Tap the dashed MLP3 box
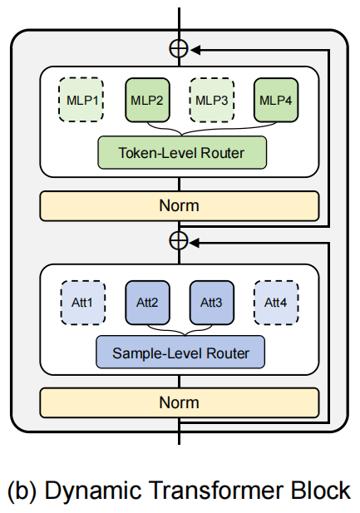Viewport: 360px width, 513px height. [211, 100]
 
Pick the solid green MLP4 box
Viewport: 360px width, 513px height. [276, 100]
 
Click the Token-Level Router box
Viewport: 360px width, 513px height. [182, 153]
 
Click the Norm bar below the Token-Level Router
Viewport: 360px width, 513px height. [180, 205]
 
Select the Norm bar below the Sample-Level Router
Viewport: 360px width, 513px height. [180, 402]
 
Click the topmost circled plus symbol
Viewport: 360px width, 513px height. [179, 49]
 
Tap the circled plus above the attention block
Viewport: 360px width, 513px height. [179, 241]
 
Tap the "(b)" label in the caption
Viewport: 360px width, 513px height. [22, 491]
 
